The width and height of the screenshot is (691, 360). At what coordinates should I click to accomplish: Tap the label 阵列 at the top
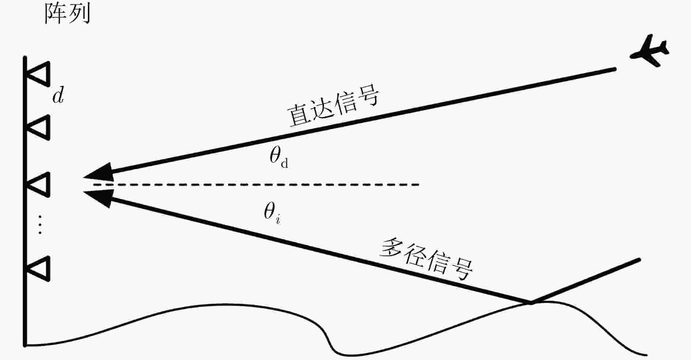coord(67,14)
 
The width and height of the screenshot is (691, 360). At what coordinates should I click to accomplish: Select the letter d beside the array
coord(58,96)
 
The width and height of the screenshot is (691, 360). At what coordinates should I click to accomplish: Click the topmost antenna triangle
coord(38,74)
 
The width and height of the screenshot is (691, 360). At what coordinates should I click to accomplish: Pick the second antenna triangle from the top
coord(38,128)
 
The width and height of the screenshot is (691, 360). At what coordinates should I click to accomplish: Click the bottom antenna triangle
coord(38,269)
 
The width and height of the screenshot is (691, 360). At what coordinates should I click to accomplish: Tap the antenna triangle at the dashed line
coord(38,185)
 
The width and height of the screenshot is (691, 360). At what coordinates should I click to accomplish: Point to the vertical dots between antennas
coord(40,224)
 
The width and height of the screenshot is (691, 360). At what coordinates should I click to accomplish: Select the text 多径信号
coord(426,259)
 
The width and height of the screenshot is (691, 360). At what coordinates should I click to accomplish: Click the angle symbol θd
coord(279,158)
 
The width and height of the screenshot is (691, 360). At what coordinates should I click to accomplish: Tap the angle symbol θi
coord(272,213)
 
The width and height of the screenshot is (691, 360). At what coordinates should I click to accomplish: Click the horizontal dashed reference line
coord(256,185)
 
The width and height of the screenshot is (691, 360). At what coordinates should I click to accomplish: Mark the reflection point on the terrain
coord(530,302)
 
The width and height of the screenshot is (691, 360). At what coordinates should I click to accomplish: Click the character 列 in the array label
coord(80,14)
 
